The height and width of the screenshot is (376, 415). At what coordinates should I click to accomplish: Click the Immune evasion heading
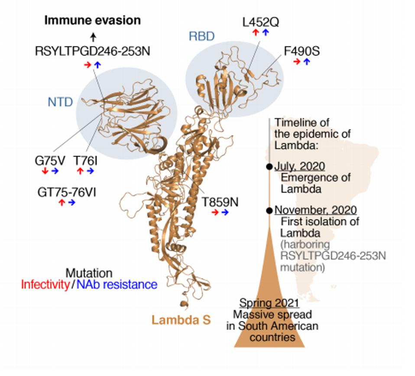point(93,20)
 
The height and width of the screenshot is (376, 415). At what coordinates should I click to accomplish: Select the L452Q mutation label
point(261,22)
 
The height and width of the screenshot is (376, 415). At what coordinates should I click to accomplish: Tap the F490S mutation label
point(302,51)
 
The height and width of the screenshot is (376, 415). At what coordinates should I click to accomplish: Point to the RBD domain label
point(201,36)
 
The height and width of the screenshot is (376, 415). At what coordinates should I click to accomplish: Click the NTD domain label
point(60,102)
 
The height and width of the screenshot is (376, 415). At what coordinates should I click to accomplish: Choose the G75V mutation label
point(50,161)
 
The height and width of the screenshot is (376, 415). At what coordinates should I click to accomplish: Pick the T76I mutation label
point(85,161)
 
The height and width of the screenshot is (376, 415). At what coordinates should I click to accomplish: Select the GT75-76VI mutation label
point(67,192)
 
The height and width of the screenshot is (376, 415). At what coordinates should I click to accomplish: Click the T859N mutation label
point(220,202)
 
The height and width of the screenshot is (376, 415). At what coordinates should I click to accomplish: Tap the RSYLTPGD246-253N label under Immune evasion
point(93,52)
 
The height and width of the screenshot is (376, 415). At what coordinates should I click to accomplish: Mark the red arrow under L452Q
point(256,32)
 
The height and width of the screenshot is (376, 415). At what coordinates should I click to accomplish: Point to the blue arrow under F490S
point(307,62)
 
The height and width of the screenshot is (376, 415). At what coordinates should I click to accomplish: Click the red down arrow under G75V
point(45,172)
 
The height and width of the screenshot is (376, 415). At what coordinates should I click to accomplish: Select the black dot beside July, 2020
point(269,167)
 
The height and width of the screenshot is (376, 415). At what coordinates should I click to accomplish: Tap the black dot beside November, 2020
point(269,211)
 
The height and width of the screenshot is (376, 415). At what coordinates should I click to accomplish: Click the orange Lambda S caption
point(181,320)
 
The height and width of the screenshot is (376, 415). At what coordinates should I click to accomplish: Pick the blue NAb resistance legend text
point(117,285)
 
